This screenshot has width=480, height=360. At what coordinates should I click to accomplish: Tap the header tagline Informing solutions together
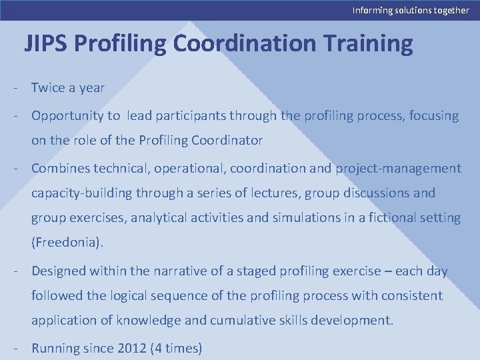pos(411,10)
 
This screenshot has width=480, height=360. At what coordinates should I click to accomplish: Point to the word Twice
pos(48,87)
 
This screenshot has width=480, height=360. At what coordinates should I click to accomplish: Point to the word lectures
pos(275,193)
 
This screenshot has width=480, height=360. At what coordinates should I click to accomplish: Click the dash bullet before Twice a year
pos(13,87)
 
